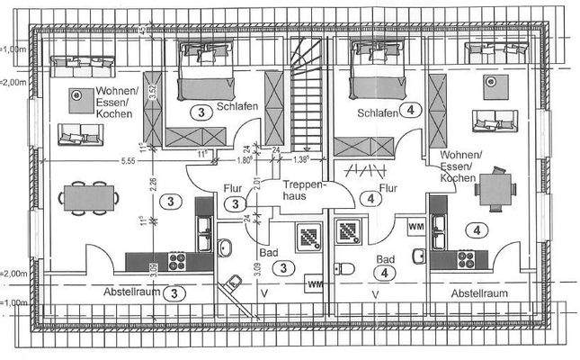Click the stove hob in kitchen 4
(466, 259)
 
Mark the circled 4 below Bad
(384, 271)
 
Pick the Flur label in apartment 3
(231, 189)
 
